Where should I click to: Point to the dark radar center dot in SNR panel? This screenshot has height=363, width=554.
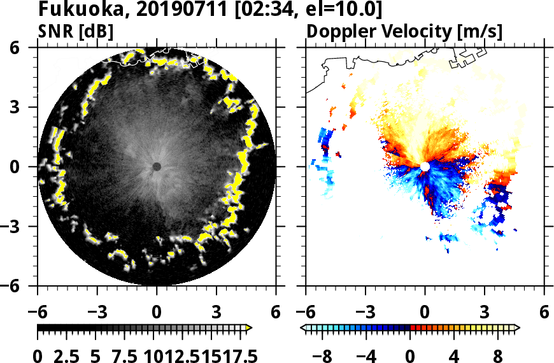[157, 166]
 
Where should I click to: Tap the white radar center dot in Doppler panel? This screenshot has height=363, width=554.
[425, 166]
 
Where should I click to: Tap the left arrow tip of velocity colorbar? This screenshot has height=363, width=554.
[302, 327]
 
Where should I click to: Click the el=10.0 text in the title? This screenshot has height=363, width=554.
[348, 10]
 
